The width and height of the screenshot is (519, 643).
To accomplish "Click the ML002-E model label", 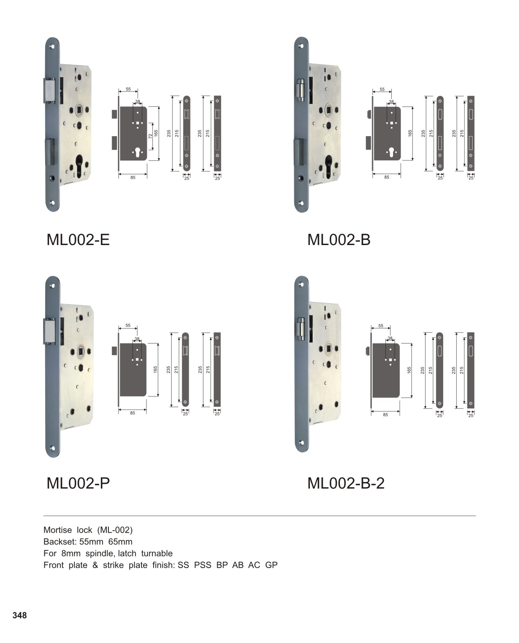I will (x=78, y=240).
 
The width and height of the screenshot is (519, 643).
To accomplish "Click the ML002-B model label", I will (x=339, y=240).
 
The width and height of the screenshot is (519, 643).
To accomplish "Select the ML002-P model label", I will (x=78, y=483).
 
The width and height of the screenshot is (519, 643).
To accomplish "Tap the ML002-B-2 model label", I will (x=346, y=483).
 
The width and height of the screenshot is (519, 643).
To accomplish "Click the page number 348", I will (x=20, y=615).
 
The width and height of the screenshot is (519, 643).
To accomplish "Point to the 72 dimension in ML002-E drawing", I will (x=150, y=137).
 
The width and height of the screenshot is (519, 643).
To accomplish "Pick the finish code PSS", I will (x=203, y=565).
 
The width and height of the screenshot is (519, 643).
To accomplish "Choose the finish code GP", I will (x=271, y=565).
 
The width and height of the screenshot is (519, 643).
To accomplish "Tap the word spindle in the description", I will (x=99, y=553).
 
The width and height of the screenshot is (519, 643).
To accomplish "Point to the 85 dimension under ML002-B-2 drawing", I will (x=385, y=415).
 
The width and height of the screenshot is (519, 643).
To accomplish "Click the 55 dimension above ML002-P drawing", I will (x=128, y=325).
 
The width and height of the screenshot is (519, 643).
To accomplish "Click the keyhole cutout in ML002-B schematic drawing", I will (x=391, y=152).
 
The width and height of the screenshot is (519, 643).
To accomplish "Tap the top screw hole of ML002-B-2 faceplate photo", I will (x=301, y=284).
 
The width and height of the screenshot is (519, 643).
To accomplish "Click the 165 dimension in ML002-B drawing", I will (x=410, y=133).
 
